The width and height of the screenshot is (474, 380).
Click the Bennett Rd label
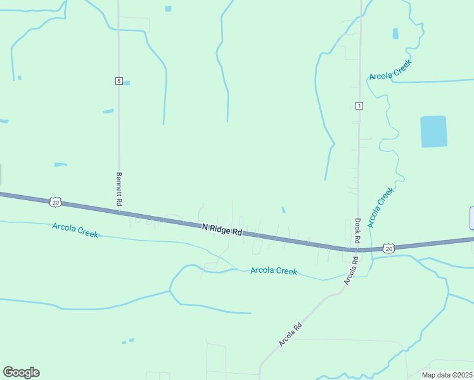(119, 189)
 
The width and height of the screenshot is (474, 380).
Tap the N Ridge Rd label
(222, 230)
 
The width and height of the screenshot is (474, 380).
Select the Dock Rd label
(357, 231)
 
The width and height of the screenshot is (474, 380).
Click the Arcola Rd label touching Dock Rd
(350, 269)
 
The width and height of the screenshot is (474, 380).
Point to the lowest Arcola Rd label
(290, 334)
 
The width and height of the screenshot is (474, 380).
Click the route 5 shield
(118, 81)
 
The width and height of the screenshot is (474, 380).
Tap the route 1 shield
(359, 105)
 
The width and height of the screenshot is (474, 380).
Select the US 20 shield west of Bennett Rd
(55, 202)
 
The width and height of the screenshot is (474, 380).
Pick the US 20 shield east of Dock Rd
(388, 248)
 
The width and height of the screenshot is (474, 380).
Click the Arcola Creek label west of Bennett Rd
(75, 229)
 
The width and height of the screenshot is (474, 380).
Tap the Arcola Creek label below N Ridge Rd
(274, 270)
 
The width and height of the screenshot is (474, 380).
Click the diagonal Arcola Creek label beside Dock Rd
(380, 207)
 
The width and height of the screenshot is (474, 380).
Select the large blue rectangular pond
(433, 132)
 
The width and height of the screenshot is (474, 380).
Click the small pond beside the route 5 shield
(127, 83)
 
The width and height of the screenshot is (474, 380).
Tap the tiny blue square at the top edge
(168, 9)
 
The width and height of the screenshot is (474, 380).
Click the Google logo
(21, 372)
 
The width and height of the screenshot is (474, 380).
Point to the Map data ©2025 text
(447, 375)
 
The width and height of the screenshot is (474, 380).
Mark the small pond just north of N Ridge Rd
(283, 210)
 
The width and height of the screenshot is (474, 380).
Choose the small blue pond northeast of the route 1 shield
(395, 34)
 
